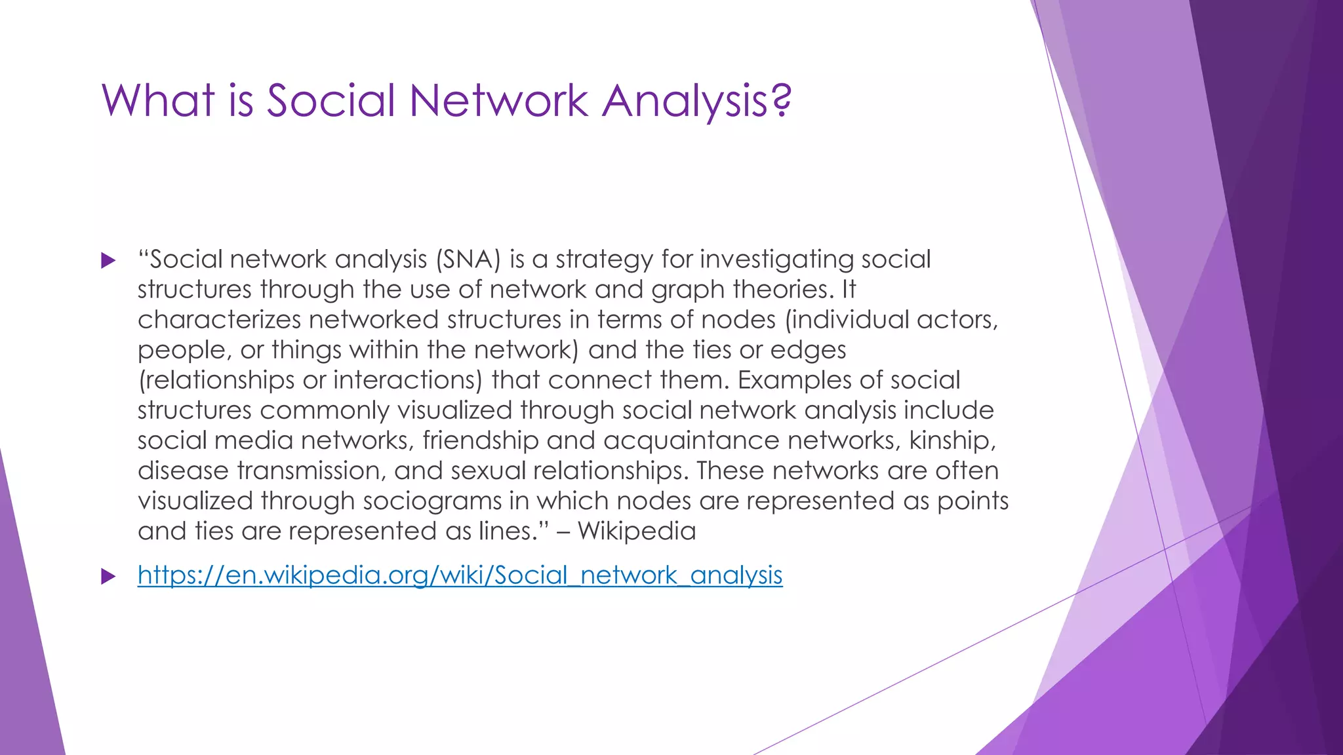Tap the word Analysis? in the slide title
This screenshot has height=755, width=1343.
click(x=697, y=101)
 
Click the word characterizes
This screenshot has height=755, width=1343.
click(x=219, y=320)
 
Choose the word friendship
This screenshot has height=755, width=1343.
click(x=481, y=440)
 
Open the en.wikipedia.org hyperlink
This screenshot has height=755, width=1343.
click(x=460, y=575)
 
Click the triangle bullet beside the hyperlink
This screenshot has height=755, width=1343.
click(x=108, y=577)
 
